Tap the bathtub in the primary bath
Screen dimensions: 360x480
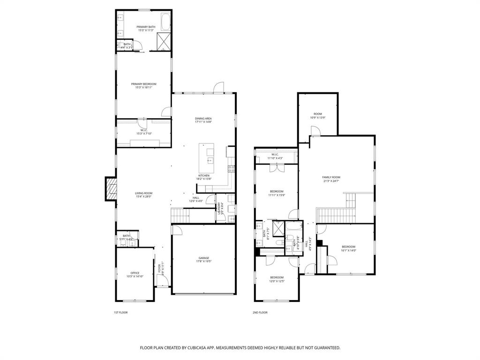[x=166, y=22]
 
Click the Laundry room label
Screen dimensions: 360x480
[x=218, y=209]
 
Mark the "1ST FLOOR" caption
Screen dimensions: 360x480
[x=120, y=312]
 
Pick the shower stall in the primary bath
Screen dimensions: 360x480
[x=164, y=41]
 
